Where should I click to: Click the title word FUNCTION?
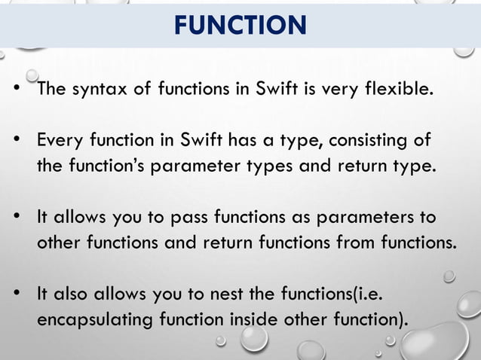(x=240, y=26)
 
